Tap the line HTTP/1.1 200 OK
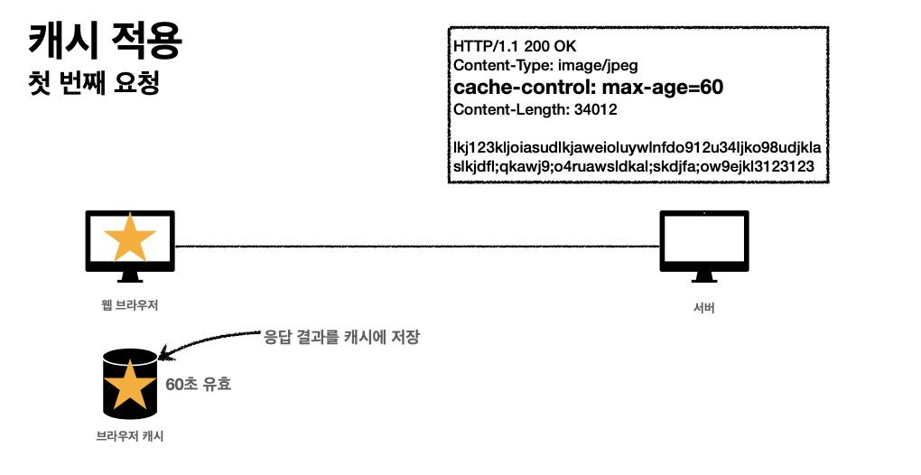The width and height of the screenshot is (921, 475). pos(515,45)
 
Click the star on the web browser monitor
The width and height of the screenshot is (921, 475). pos(130,237)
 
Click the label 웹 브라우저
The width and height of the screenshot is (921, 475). pos(130,305)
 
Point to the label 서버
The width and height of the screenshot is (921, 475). pos(704,310)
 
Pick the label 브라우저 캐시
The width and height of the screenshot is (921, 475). pos(130,436)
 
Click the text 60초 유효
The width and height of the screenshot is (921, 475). pos(199,384)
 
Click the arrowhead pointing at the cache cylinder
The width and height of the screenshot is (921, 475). pos(163,355)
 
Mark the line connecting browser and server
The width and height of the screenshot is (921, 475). pos(415,244)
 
